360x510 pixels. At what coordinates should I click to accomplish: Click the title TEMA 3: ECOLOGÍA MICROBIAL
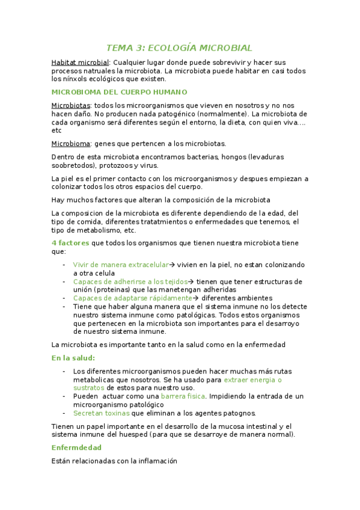click(x=179, y=48)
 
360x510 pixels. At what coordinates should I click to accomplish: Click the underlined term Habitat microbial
click(x=80, y=63)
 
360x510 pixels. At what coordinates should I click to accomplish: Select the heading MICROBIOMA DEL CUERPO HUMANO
click(x=120, y=92)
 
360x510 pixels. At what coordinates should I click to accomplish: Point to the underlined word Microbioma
click(x=71, y=144)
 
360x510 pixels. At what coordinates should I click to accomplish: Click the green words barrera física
click(x=183, y=396)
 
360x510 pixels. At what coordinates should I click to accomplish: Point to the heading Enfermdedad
click(x=76, y=447)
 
